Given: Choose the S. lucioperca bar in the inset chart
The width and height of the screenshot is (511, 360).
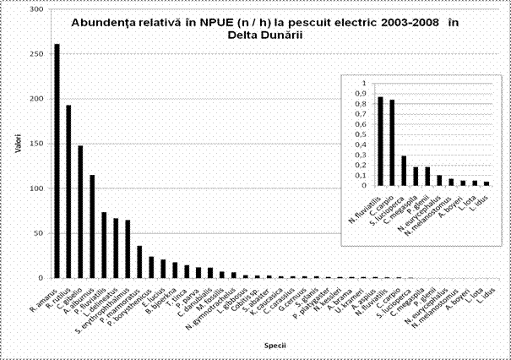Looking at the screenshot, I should coord(404,170).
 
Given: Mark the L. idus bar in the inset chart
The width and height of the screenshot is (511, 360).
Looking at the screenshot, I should coord(487,183).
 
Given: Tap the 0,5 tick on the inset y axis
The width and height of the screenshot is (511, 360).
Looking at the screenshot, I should coord(362,134).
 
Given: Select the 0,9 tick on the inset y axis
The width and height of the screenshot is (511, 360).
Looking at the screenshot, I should coord(362,94).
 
